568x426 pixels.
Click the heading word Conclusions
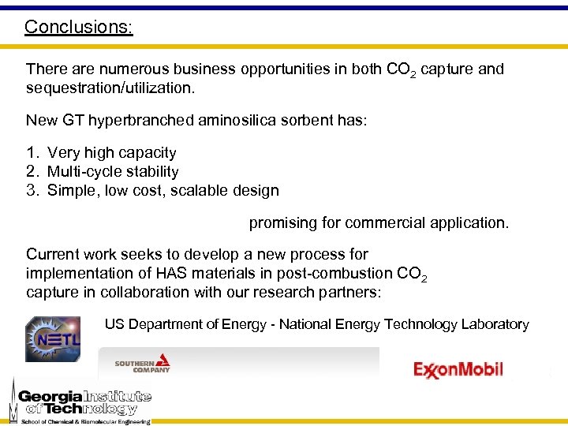[x=78, y=27]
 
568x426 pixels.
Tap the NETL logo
[x=52, y=339]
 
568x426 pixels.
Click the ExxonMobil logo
[x=458, y=369]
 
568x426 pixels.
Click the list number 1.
[x=32, y=152]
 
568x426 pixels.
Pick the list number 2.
[x=32, y=171]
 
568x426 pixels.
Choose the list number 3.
[x=32, y=190]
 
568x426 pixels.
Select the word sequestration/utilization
[x=110, y=88]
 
